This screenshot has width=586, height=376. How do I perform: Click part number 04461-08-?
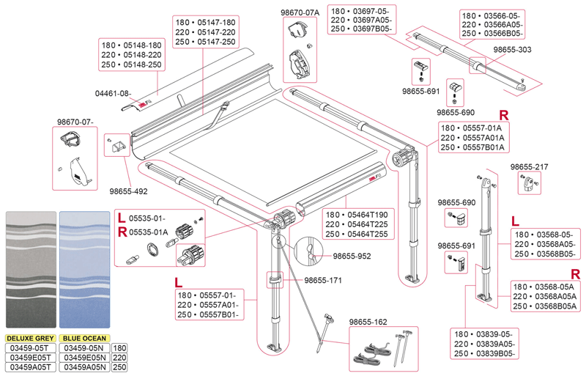coord(113,93)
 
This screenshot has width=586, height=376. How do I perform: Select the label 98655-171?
coord(324,281)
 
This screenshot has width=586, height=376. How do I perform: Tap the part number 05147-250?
coord(217,43)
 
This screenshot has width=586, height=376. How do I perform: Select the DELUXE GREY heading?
coord(31,339)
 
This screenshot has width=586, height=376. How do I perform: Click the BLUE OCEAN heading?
coord(84,339)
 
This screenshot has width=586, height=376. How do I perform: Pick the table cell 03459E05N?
coord(84,358)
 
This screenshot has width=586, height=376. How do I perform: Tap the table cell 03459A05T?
coord(31,367)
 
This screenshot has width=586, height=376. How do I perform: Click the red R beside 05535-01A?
coord(121,232)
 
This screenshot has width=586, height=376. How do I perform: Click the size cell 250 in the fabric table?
coord(120,367)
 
